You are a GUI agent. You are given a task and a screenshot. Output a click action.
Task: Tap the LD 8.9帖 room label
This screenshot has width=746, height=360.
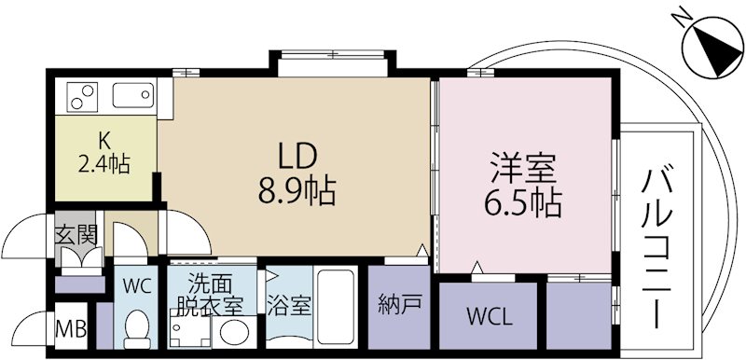[x=297, y=174]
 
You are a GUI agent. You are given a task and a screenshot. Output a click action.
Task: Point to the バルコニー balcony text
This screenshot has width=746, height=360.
[x=663, y=246]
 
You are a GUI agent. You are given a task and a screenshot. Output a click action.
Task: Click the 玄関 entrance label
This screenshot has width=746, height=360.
[x=76, y=234]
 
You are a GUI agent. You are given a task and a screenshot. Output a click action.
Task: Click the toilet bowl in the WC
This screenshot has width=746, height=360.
[x=138, y=328]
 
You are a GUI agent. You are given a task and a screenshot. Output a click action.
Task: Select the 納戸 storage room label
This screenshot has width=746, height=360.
[x=397, y=303]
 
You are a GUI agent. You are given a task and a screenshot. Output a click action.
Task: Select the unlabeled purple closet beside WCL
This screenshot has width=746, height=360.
[x=578, y=314]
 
